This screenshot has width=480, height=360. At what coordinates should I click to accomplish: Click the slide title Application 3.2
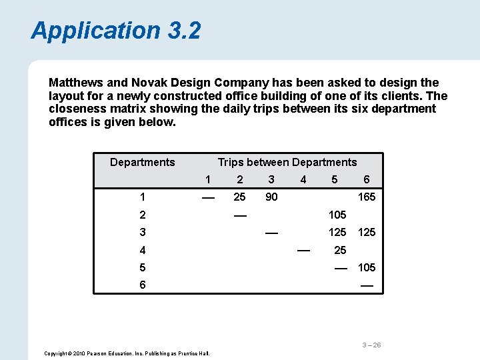[x=115, y=31]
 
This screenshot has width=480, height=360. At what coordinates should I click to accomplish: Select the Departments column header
[x=142, y=162]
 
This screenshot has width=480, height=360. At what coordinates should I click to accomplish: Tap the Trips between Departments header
[x=287, y=162]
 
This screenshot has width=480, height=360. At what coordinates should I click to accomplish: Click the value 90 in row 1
[x=271, y=197]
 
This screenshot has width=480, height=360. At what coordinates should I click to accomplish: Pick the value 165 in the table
[x=367, y=197]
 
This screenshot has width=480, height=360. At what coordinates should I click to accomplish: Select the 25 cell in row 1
[x=239, y=197]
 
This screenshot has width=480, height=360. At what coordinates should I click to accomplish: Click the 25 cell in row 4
[x=340, y=250]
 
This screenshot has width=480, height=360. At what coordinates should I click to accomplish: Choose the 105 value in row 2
[x=337, y=215]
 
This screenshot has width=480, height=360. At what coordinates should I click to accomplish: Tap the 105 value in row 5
[x=367, y=267]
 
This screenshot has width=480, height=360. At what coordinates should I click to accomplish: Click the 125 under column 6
[x=367, y=232]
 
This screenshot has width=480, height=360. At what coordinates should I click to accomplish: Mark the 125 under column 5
[x=337, y=232]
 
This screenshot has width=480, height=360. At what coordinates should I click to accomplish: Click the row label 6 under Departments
[x=142, y=285]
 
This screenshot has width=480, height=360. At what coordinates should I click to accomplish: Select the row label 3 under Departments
[x=142, y=232]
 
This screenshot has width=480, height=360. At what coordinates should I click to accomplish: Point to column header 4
[x=303, y=179]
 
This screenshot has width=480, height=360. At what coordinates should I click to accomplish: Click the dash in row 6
[x=367, y=285]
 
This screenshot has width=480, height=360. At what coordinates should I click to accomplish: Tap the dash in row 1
[x=208, y=197]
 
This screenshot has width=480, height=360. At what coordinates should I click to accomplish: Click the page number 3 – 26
[x=371, y=345]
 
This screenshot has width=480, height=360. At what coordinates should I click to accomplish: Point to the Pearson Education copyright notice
[x=127, y=353]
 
